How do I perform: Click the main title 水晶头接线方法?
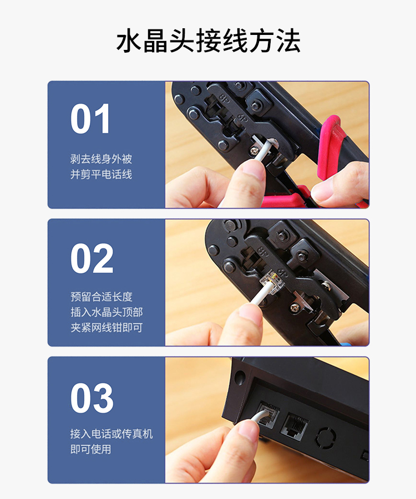click(x=208, y=41)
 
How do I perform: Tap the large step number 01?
click(x=90, y=119)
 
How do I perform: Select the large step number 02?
click(x=92, y=258)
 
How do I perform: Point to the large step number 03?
click(x=92, y=398)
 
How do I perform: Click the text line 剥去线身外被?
click(x=101, y=159)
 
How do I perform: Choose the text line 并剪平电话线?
click(x=101, y=174)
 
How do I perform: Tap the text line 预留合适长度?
click(x=101, y=297)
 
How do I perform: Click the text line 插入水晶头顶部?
click(x=106, y=312)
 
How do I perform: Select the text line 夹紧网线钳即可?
click(x=106, y=327)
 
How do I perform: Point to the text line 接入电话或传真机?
click(x=111, y=434)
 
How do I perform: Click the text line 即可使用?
click(x=91, y=449)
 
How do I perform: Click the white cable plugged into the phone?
click(x=259, y=416)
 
